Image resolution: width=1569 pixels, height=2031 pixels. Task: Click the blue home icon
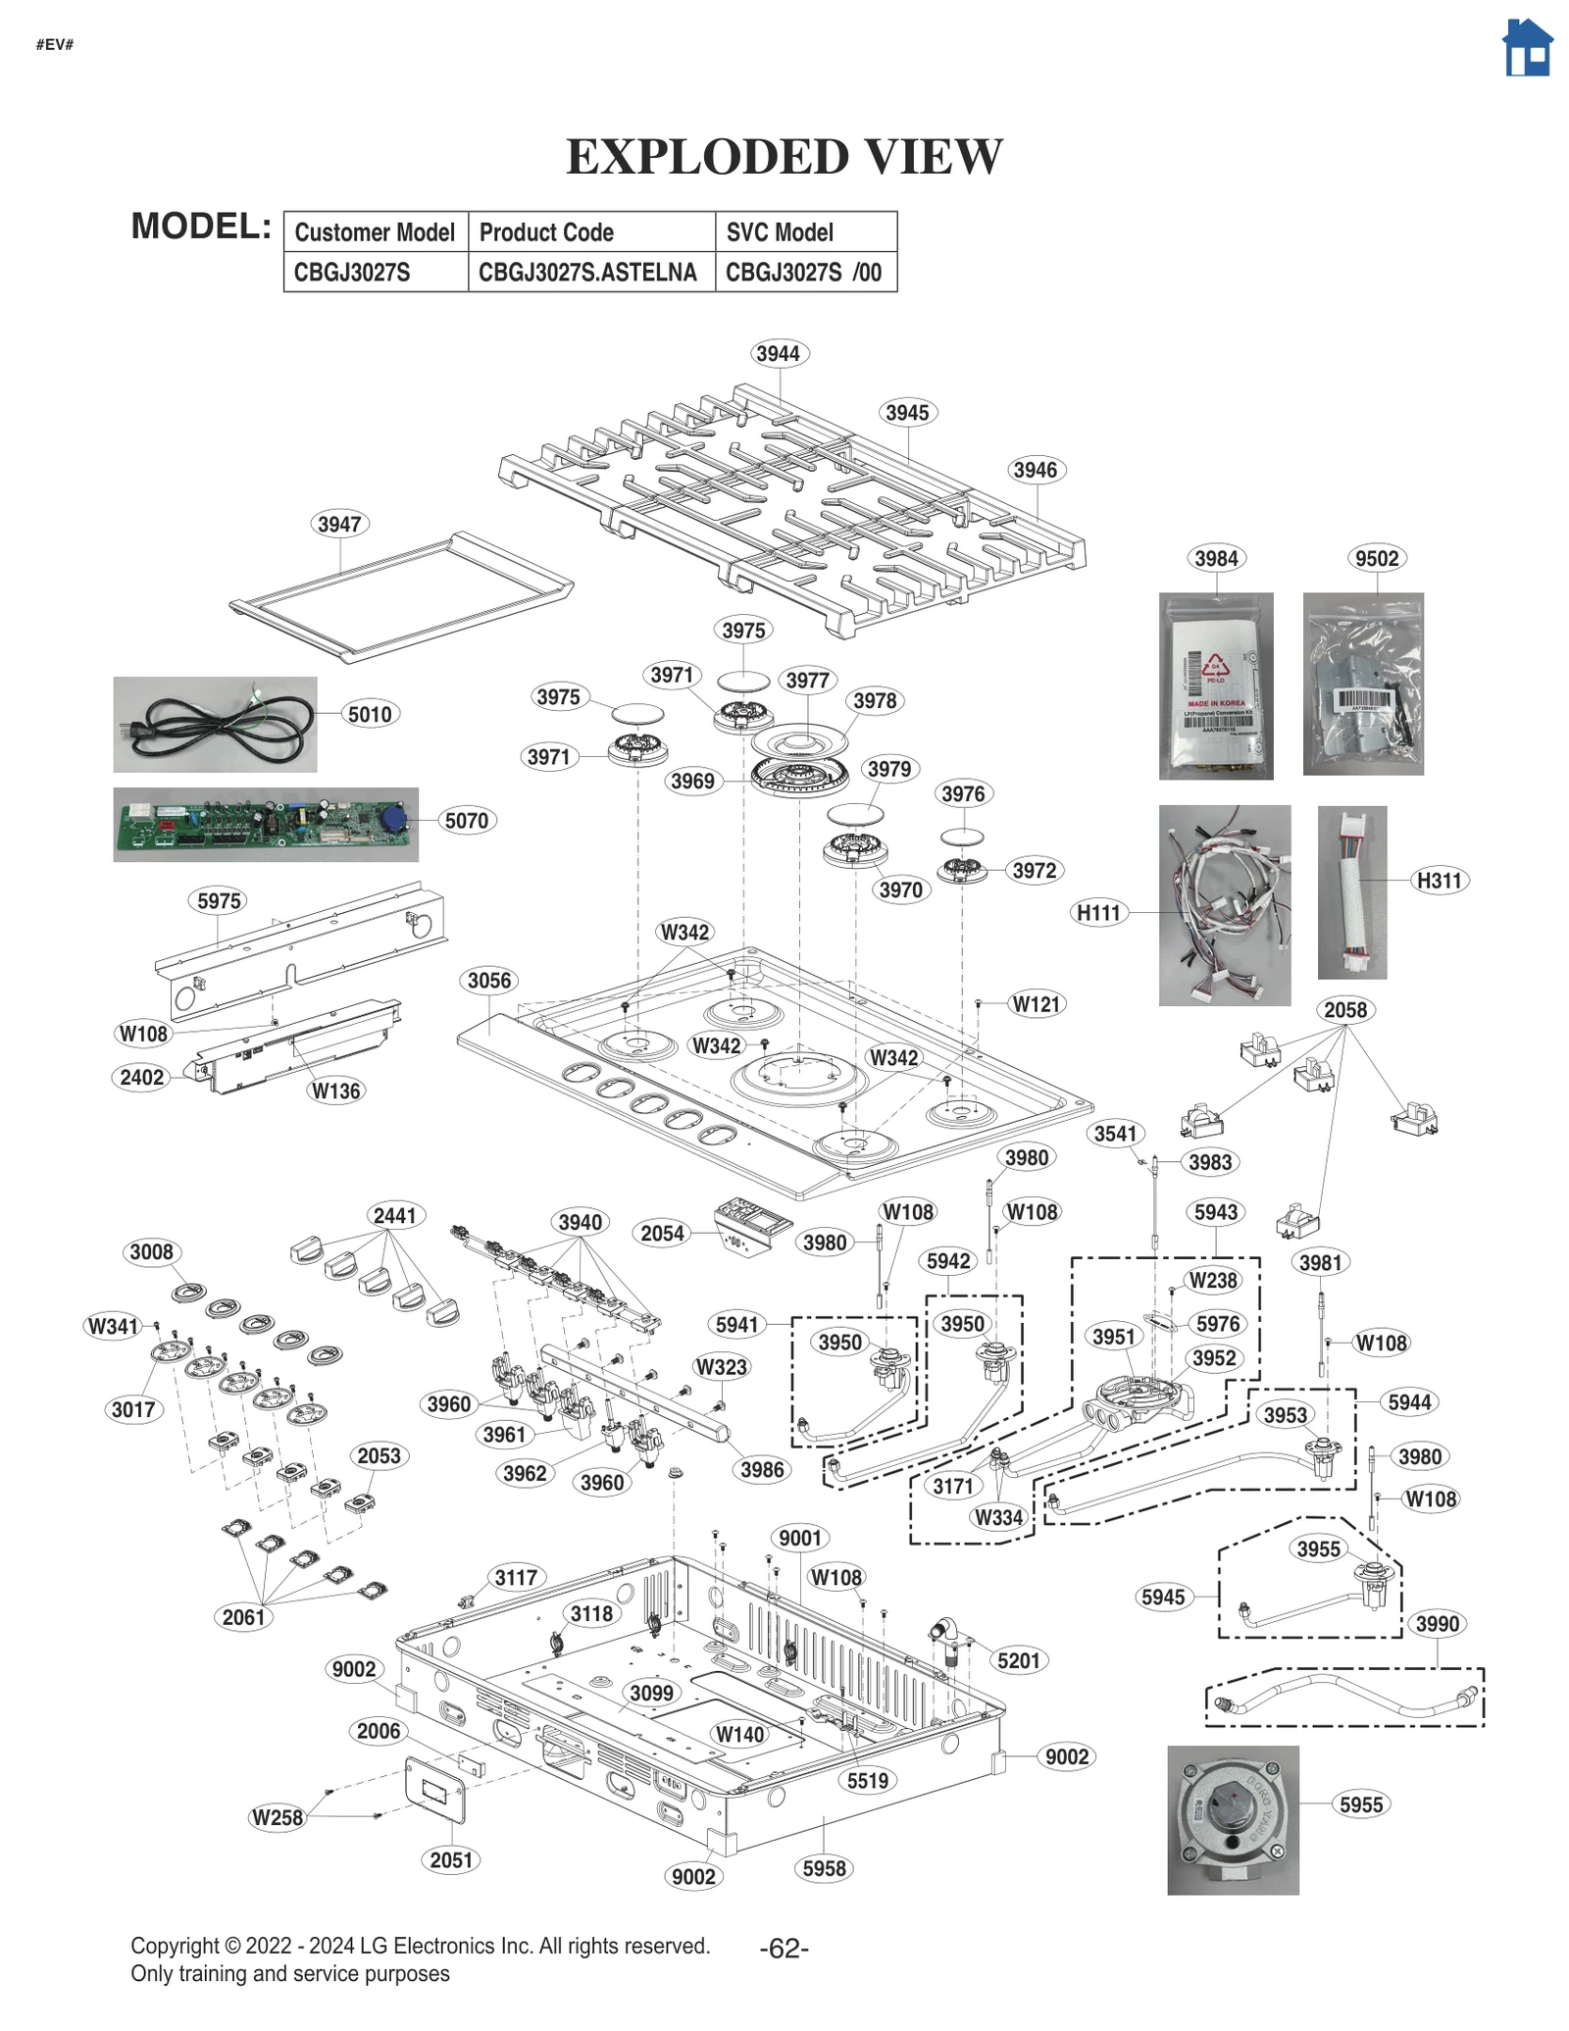(x=1527, y=48)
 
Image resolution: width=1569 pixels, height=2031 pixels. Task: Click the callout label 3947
(x=339, y=524)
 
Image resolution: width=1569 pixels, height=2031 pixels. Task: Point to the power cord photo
(x=215, y=724)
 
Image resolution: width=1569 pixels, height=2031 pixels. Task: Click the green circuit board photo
(x=265, y=824)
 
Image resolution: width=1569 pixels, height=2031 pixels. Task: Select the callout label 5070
(x=466, y=820)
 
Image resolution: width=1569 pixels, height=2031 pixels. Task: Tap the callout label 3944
(x=778, y=353)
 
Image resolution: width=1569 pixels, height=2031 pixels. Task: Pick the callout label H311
(x=1439, y=880)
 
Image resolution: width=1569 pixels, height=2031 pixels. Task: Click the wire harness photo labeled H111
(x=1224, y=904)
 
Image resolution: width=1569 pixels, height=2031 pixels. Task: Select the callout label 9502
(x=1376, y=558)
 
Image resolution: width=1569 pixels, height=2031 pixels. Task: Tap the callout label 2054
(x=662, y=1233)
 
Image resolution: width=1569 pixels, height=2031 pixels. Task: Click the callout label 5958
(x=824, y=1868)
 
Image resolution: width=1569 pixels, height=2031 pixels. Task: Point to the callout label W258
(x=278, y=1817)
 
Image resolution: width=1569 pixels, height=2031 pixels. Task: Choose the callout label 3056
(x=488, y=980)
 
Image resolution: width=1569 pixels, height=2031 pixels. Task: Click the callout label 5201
(x=1018, y=1660)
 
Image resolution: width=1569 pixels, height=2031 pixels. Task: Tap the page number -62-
(x=784, y=1949)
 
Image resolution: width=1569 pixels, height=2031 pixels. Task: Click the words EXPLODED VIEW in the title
(x=784, y=157)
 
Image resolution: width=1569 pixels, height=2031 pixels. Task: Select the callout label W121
(x=1037, y=1003)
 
